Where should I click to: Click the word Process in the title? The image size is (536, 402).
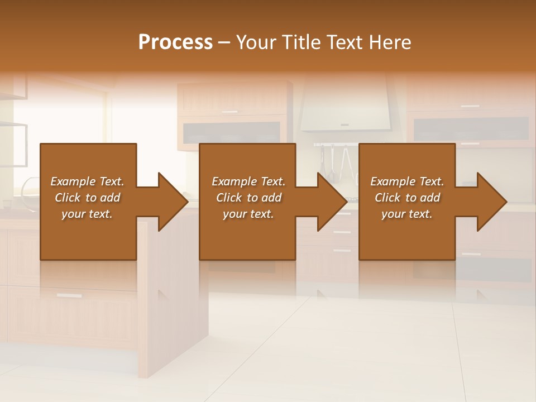175,42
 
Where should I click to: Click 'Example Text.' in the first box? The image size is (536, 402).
87,181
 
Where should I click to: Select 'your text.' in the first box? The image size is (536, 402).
87,214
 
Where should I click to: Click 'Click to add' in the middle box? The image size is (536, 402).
248,198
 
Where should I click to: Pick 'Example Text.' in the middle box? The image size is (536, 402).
248,181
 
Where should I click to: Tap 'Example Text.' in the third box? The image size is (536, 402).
407,181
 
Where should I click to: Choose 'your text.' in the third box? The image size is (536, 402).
407,214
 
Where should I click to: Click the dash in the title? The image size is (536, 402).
224,42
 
